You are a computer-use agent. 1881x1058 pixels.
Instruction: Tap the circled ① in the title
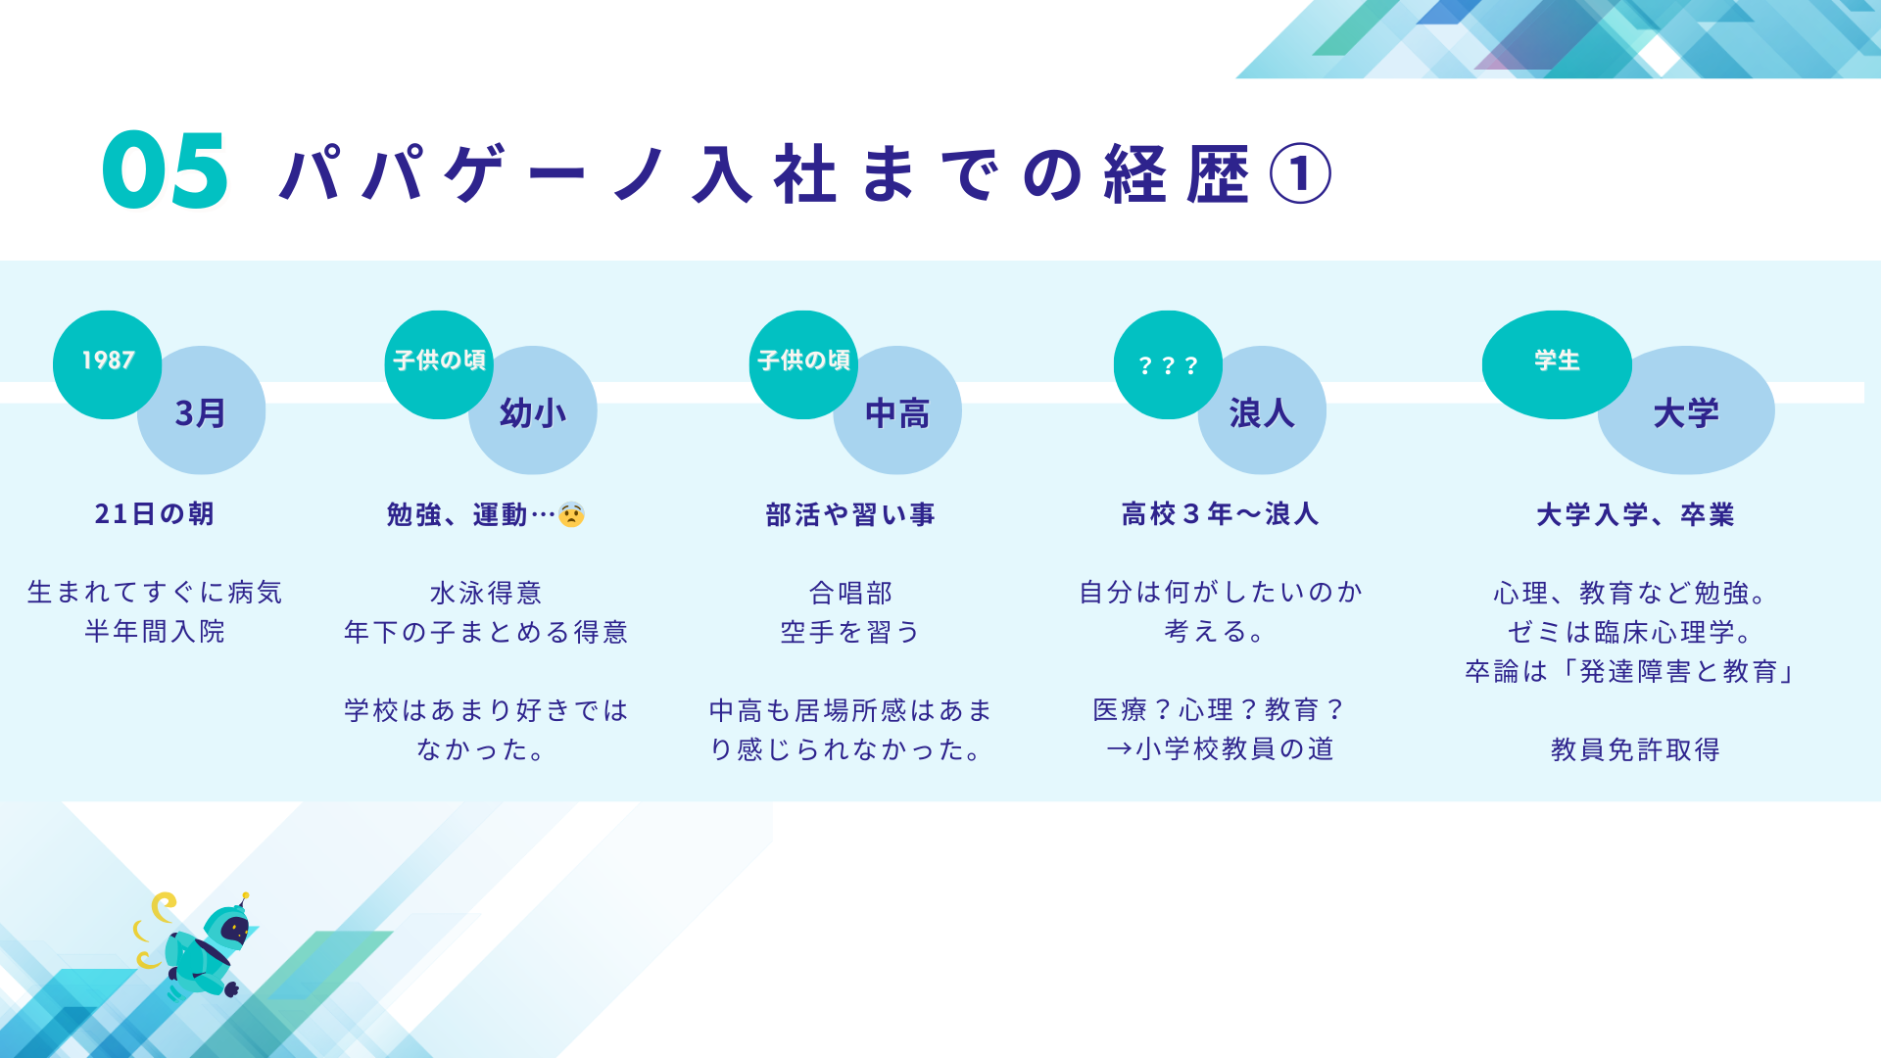point(1300,174)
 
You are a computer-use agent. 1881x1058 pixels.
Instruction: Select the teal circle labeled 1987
point(107,361)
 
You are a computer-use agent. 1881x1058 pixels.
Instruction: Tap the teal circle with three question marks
point(1168,364)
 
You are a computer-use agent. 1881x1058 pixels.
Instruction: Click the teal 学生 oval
point(1556,361)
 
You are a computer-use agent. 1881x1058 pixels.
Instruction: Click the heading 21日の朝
point(154,514)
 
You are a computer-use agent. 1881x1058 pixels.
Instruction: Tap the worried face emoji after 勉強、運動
point(571,514)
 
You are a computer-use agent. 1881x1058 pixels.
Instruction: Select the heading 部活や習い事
point(850,514)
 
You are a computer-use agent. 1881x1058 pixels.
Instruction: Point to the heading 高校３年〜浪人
point(1220,514)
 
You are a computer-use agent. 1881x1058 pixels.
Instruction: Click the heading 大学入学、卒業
point(1635,514)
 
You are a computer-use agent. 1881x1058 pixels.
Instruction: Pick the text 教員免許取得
point(1635,749)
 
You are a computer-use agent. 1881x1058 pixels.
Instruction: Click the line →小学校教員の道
point(1220,749)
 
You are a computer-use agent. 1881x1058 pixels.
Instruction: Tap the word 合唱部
point(850,593)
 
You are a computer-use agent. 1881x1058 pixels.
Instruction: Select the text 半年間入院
point(155,632)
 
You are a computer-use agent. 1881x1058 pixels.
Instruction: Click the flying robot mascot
point(207,948)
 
